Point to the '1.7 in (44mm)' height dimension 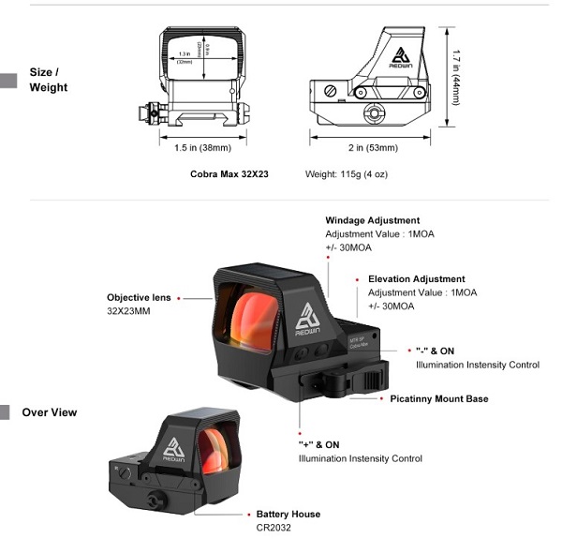coord(455,77)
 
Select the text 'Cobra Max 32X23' coord(229,174)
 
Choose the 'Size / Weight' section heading coord(48,80)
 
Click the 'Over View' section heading coord(49,412)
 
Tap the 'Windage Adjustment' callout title coord(372,221)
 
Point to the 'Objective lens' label coord(139,298)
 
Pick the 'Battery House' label coord(288,515)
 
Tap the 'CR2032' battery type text coord(274,528)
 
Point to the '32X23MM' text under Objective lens coord(129,311)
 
